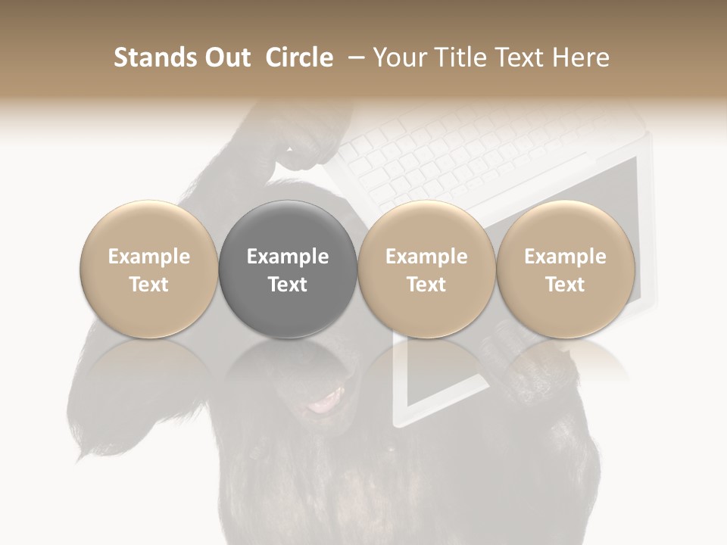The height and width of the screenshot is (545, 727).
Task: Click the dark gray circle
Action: click(x=288, y=270)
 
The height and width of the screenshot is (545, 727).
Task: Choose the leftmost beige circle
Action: click(x=149, y=270)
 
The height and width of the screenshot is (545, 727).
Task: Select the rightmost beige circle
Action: click(x=566, y=270)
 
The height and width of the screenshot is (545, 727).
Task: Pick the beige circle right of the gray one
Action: click(x=426, y=270)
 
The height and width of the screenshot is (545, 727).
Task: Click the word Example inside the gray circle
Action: click(x=288, y=257)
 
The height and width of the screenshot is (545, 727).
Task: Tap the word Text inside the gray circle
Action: click(x=288, y=285)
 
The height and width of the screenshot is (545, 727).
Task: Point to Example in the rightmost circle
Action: click(x=566, y=257)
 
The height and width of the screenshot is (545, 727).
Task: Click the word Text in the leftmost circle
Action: click(x=149, y=285)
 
